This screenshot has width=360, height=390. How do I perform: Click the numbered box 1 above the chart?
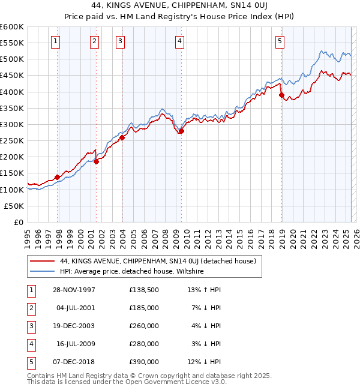click(x=55, y=41)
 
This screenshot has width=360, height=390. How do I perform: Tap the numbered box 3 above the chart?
click(x=121, y=41)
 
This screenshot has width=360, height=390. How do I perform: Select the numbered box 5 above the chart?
click(x=280, y=41)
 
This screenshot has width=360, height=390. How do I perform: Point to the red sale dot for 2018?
click(x=281, y=95)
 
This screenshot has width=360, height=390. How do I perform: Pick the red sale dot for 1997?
click(x=58, y=177)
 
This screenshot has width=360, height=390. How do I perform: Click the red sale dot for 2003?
click(x=122, y=137)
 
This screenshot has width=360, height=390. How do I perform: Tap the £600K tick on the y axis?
click(x=11, y=27)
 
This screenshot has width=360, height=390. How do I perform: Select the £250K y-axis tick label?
click(x=11, y=141)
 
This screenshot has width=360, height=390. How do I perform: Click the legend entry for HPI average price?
click(x=132, y=272)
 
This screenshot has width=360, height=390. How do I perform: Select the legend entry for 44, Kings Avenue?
click(x=158, y=261)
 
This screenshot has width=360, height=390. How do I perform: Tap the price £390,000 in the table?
click(x=144, y=362)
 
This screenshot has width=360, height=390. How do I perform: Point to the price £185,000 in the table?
click(x=144, y=308)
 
